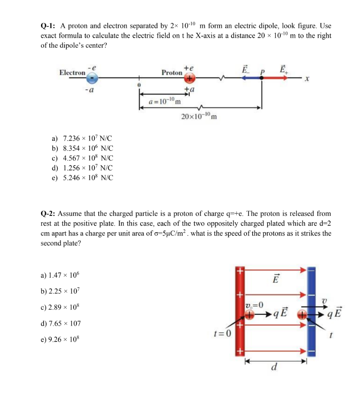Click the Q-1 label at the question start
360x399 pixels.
point(49,26)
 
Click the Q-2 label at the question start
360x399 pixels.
point(49,213)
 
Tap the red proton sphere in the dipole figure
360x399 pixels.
point(189,77)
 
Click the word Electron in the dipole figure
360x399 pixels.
point(72,73)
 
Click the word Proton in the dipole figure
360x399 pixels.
point(172,73)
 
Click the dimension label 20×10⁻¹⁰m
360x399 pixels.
point(199,117)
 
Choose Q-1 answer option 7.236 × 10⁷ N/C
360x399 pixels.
point(82,139)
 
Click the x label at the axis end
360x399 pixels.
point(307,80)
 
